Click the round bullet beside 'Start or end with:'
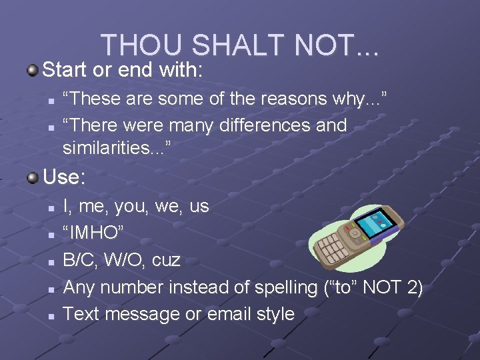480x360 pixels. click(33, 69)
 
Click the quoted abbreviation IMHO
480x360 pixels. click(93, 233)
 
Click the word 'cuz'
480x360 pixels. click(167, 260)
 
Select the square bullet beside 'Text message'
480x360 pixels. click(51, 314)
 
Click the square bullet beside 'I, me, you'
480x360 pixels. click(51, 207)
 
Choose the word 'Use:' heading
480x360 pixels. click(64, 177)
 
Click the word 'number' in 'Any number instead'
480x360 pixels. click(131, 287)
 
